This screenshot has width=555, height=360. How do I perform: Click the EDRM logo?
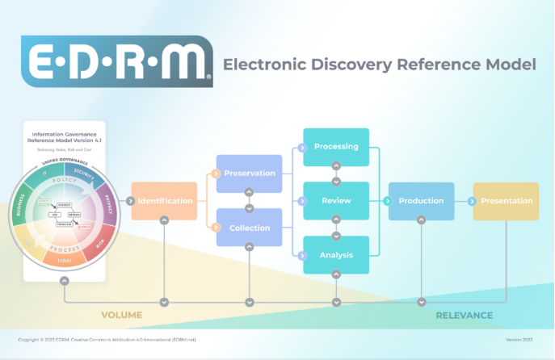(117, 61)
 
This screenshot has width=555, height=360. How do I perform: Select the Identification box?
(165, 201)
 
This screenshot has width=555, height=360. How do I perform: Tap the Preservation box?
(250, 173)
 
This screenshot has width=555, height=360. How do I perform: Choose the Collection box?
(250, 228)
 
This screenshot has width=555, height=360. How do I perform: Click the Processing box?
(336, 147)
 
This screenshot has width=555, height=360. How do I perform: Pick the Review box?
(336, 201)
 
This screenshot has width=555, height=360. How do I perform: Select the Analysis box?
(336, 255)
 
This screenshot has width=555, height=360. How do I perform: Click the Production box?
(421, 201)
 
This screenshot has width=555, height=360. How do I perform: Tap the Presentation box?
(507, 201)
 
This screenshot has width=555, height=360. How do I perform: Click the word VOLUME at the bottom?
(121, 315)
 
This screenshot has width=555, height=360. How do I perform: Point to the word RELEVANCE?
(464, 315)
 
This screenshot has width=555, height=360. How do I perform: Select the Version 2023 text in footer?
(520, 340)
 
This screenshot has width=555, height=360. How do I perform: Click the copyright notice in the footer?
(107, 340)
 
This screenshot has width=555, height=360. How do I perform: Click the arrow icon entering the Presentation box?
(473, 201)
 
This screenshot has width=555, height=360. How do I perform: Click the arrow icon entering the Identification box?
(135, 201)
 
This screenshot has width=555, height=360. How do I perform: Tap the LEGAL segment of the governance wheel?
(64, 261)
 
